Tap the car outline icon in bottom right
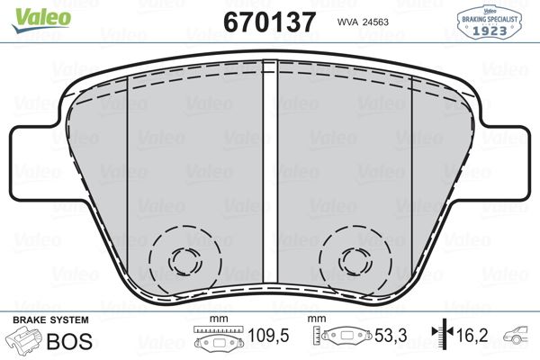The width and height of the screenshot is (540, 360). [518, 339]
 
